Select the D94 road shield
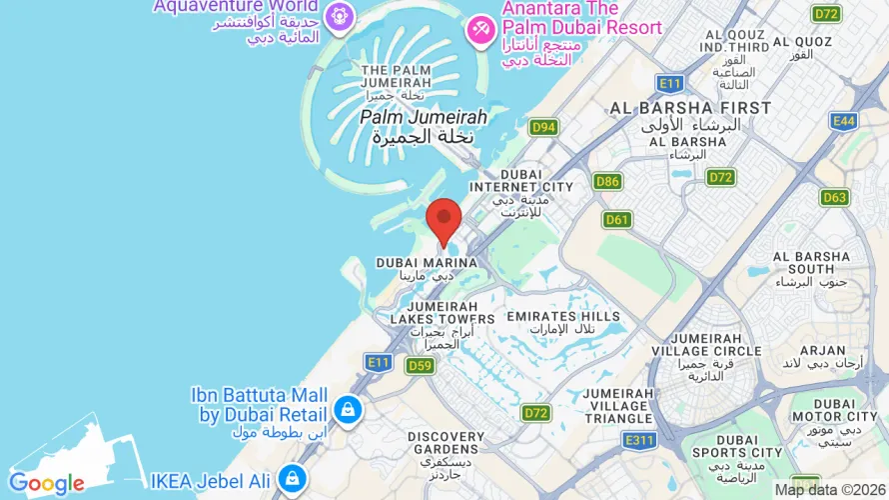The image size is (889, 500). tap(543, 127)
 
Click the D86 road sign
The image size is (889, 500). tap(607, 181)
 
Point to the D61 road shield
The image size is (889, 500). tap(617, 219)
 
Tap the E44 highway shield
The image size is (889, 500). tap(844, 121)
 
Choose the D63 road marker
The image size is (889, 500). tap(835, 197)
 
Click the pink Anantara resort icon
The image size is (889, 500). tap(481, 29)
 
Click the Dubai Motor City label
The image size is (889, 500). tap(835, 415)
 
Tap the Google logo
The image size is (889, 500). tap(46, 484)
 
